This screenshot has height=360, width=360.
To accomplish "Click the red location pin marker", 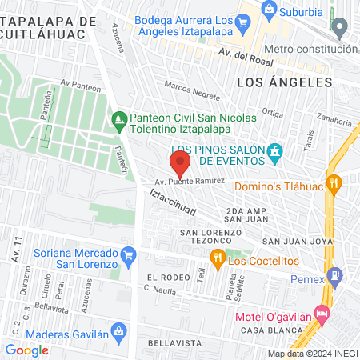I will pyautogui.click(x=180, y=164).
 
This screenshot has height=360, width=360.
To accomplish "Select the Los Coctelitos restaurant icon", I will pyautogui.click(x=215, y=258).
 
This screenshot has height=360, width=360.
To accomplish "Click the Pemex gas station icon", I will pyautogui.click(x=336, y=278).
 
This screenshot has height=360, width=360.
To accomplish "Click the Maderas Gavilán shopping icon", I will pyautogui.click(x=118, y=330).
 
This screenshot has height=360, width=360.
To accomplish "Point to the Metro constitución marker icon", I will pyautogui.click(x=341, y=29).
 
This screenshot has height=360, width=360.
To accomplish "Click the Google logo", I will pyautogui.click(x=26, y=350).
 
